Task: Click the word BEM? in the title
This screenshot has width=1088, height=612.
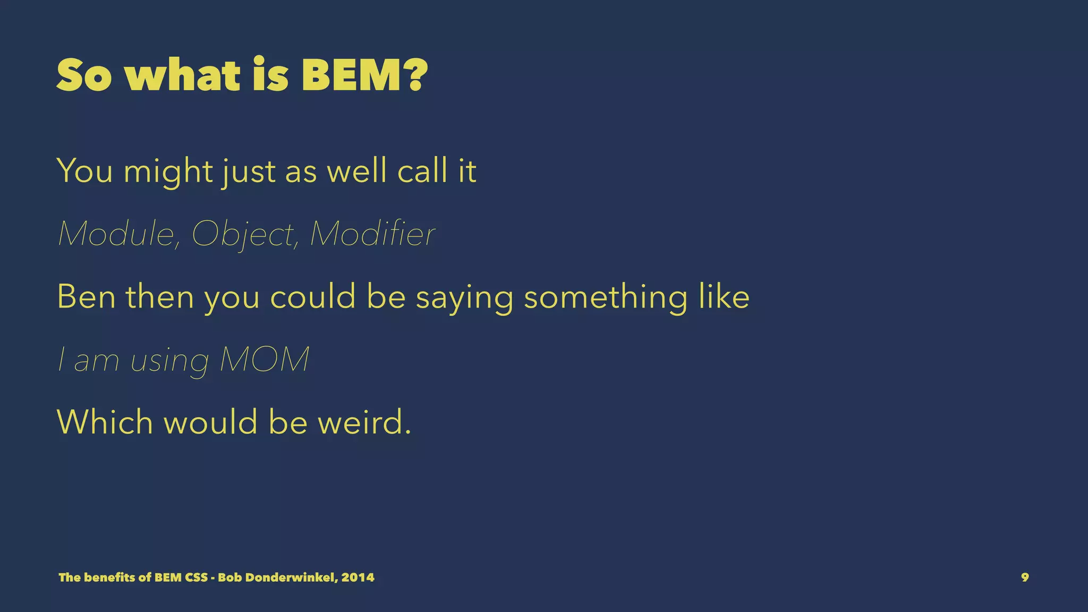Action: (x=364, y=75)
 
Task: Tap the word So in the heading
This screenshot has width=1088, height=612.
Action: (x=84, y=75)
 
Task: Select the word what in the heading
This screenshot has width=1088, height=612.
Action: (x=183, y=75)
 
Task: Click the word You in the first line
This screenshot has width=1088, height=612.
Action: (x=84, y=171)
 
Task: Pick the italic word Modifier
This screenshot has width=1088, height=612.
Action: (x=372, y=234)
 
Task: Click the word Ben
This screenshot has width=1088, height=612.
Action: (x=86, y=296)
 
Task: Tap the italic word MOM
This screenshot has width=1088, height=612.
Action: (x=264, y=360)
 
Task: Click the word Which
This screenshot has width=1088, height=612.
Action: (x=105, y=422)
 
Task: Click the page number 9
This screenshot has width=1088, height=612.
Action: (x=1025, y=577)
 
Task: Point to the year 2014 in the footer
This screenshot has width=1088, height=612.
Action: (x=358, y=577)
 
